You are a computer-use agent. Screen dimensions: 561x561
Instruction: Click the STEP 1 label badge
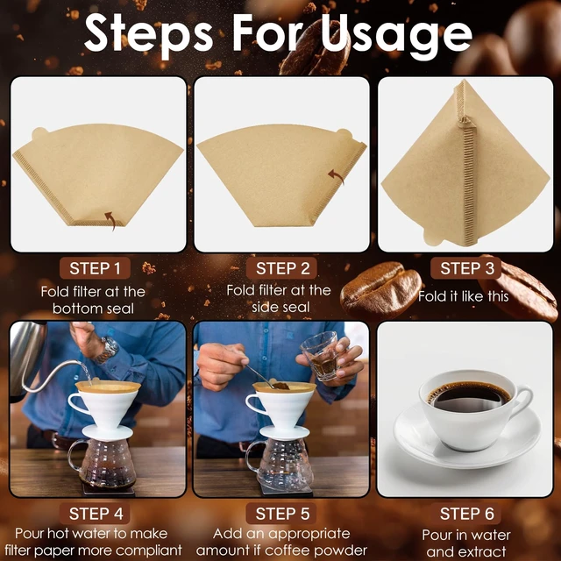click(x=95, y=268)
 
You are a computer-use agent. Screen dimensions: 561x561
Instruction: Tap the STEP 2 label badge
click(x=281, y=268)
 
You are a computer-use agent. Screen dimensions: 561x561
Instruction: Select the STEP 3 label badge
click(x=466, y=268)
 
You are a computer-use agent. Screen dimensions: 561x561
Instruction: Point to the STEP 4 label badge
click(x=95, y=514)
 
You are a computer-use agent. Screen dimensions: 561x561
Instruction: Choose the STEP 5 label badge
click(x=281, y=514)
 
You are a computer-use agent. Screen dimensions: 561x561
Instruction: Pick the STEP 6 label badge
click(x=466, y=514)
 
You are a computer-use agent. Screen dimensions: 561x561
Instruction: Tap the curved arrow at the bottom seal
click(x=110, y=220)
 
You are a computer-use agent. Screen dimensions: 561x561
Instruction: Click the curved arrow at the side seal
click(x=336, y=176)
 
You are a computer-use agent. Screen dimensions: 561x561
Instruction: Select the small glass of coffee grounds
click(x=320, y=356)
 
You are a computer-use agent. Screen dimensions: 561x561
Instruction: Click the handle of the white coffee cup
click(x=522, y=401)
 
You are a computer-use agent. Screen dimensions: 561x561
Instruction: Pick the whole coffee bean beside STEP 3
click(x=380, y=290)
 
